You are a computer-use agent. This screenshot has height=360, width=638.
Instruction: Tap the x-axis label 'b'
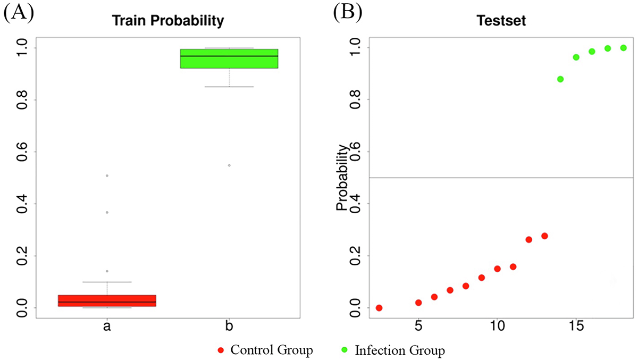pos(229,325)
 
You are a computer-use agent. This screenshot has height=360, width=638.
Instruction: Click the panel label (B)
pos(348,13)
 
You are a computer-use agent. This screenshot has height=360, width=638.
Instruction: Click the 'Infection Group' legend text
pos(399,351)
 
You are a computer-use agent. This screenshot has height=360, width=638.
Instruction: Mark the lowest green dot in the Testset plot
pos(560,79)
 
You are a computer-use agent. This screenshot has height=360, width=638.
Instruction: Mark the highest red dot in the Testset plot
pos(544,236)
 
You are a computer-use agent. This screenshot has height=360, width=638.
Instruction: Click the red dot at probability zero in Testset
pos(379,308)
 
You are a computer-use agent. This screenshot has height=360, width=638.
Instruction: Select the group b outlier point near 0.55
pos(229,165)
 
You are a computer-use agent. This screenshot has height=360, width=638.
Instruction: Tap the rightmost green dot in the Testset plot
pos(624,48)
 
